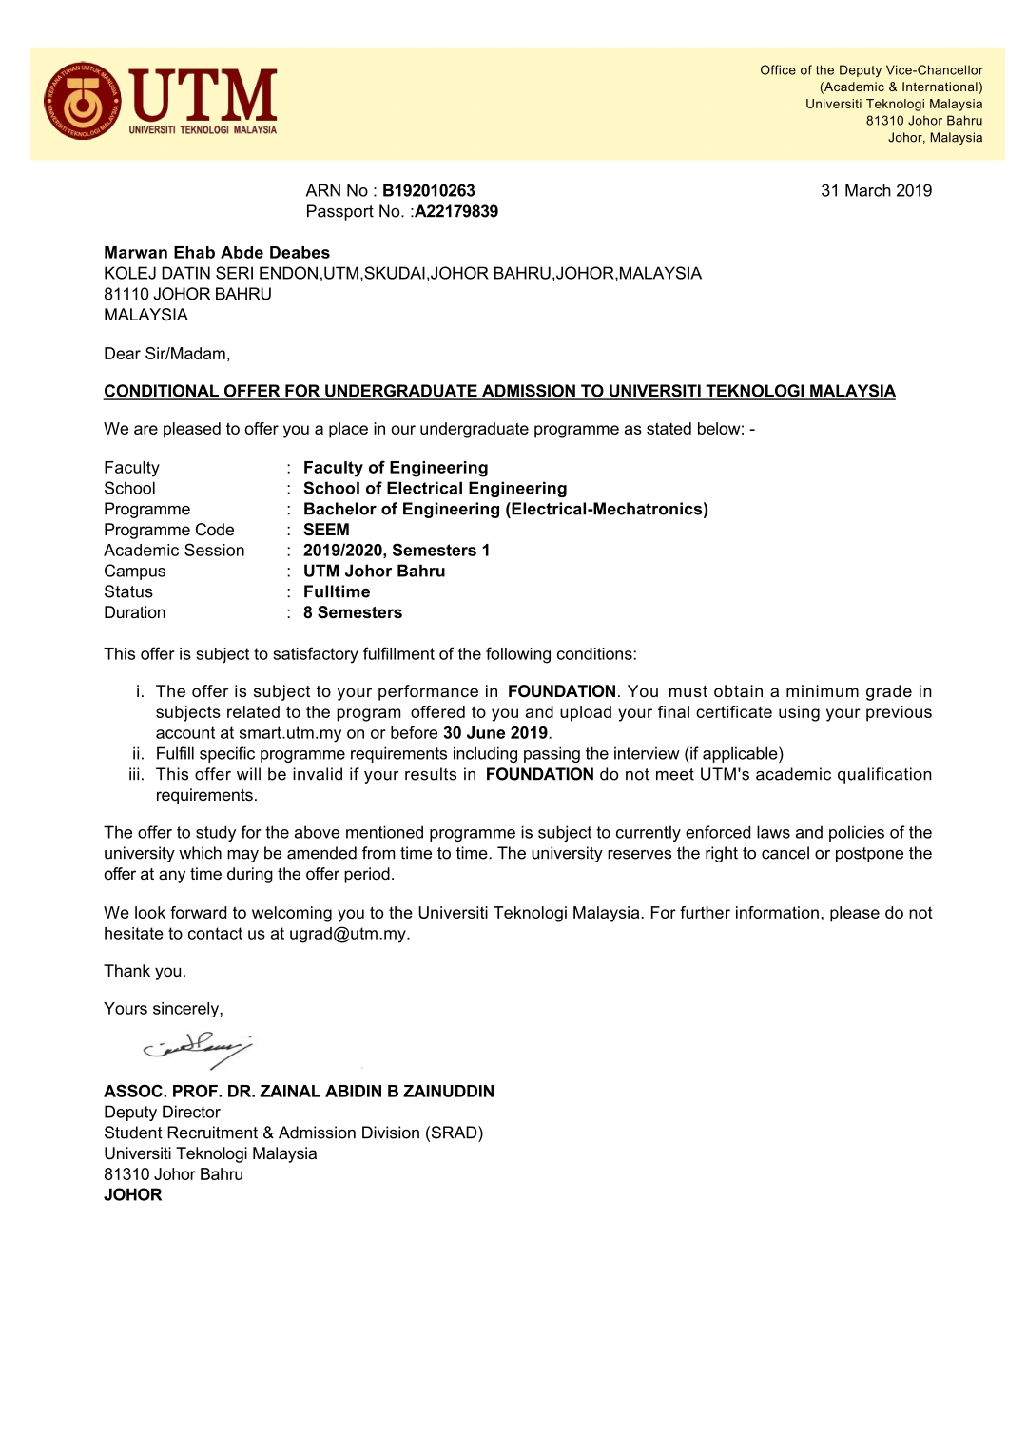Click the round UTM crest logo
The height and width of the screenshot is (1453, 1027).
(x=84, y=102)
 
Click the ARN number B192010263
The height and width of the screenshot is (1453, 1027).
(x=428, y=191)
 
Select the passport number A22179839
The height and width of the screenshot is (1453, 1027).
(x=456, y=212)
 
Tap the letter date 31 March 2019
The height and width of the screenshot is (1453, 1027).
(x=876, y=191)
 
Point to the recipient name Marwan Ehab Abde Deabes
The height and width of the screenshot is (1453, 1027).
(x=217, y=253)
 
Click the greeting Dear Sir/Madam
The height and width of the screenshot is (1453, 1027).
(x=166, y=354)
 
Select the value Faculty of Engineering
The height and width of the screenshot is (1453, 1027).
(x=396, y=468)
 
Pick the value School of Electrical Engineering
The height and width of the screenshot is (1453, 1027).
(x=435, y=489)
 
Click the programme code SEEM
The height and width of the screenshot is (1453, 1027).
(x=326, y=530)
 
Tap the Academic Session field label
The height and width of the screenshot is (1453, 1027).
(x=174, y=551)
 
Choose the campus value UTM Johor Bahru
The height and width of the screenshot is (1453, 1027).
(x=374, y=572)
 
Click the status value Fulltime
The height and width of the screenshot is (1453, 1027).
(x=337, y=592)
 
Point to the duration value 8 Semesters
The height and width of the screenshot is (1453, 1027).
(x=353, y=613)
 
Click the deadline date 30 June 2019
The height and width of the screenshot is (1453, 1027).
(x=495, y=733)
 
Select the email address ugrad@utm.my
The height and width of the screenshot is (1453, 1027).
(x=348, y=934)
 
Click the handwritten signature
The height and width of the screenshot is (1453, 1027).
(x=199, y=1049)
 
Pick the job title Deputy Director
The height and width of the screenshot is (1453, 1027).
(x=162, y=1113)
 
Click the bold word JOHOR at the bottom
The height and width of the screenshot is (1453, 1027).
(x=133, y=1195)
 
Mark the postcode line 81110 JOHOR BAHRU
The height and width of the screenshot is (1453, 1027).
(x=187, y=295)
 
